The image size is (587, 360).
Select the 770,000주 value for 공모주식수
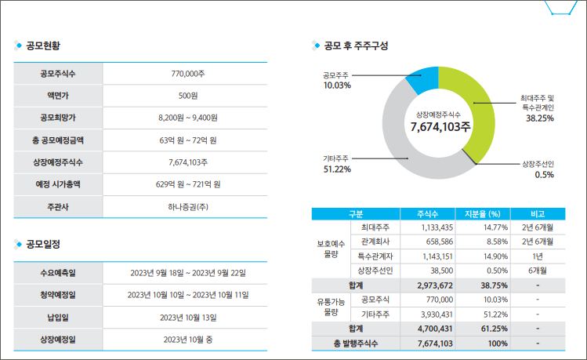[x=188, y=74]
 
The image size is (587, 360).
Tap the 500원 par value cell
[x=188, y=96]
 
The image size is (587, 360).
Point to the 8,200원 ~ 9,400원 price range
[x=188, y=118]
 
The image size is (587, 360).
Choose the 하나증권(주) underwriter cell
[x=188, y=206]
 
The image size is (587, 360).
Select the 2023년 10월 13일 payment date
[x=188, y=317]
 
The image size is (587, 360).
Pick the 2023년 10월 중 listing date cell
[x=188, y=340]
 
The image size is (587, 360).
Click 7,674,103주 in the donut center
[x=440, y=126]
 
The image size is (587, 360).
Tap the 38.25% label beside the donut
[x=540, y=118]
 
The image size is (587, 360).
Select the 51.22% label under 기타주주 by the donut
[x=337, y=169]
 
